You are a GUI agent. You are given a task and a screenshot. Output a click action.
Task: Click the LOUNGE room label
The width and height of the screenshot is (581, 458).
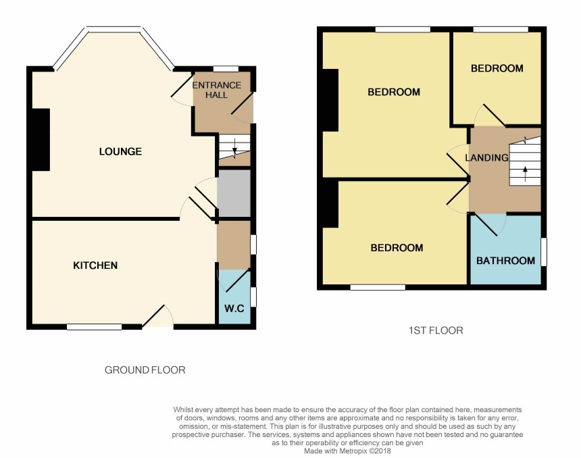click(120, 151)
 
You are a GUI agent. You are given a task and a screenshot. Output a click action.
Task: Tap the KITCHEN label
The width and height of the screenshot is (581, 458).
click(95, 265)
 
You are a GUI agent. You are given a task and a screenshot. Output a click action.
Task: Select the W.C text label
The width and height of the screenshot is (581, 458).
click(234, 308)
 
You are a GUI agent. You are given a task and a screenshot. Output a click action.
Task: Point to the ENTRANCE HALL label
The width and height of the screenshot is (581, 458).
click(217, 90)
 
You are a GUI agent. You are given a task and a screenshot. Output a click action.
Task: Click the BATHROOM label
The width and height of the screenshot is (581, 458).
click(505, 261)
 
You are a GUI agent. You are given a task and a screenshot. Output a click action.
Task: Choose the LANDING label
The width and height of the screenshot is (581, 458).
click(486, 158)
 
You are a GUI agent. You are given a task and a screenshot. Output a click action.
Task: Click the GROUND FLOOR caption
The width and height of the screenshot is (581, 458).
click(145, 370)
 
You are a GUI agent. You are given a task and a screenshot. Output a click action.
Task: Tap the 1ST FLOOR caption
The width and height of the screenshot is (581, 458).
click(436, 330)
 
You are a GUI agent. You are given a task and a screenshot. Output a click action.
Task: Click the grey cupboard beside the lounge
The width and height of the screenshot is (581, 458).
click(234, 193)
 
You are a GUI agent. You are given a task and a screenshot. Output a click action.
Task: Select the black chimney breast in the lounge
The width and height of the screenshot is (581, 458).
click(41, 140)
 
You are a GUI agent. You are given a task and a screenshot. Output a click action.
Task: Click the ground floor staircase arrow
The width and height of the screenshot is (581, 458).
click(234, 149)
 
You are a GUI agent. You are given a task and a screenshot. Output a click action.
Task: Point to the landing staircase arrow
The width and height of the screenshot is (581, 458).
click(525, 174)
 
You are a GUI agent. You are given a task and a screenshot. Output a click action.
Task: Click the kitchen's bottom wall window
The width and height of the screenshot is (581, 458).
click(95, 327)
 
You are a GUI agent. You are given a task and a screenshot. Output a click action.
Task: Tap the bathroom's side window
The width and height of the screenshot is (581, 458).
click(544, 252)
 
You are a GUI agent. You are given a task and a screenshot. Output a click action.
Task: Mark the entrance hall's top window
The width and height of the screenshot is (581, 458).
click(226, 69)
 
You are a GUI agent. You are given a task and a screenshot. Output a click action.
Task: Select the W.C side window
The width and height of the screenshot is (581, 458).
click(253, 297)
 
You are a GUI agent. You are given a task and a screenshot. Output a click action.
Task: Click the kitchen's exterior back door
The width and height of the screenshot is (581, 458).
click(158, 317)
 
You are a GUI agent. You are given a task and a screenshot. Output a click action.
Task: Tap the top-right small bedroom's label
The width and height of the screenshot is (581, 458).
click(497, 68)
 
